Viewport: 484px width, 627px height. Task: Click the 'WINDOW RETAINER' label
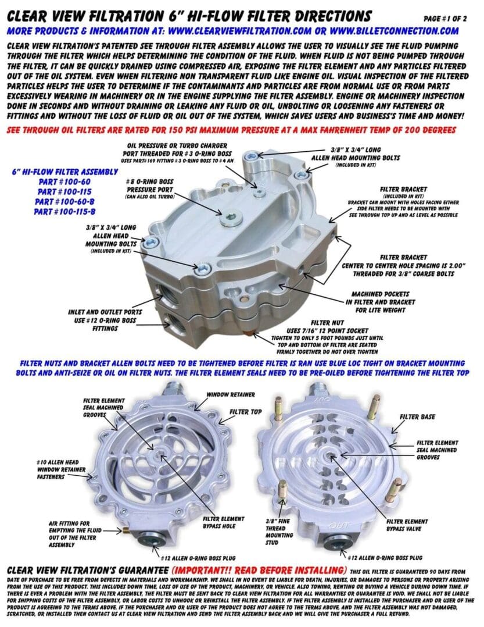click(x=231, y=394)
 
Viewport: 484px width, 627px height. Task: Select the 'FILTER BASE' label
click(x=417, y=416)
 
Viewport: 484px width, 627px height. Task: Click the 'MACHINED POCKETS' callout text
click(x=381, y=294)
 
